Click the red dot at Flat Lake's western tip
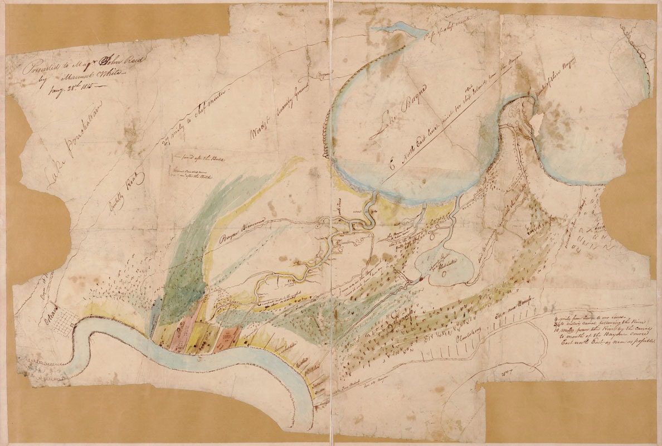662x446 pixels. tap(422, 277)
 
